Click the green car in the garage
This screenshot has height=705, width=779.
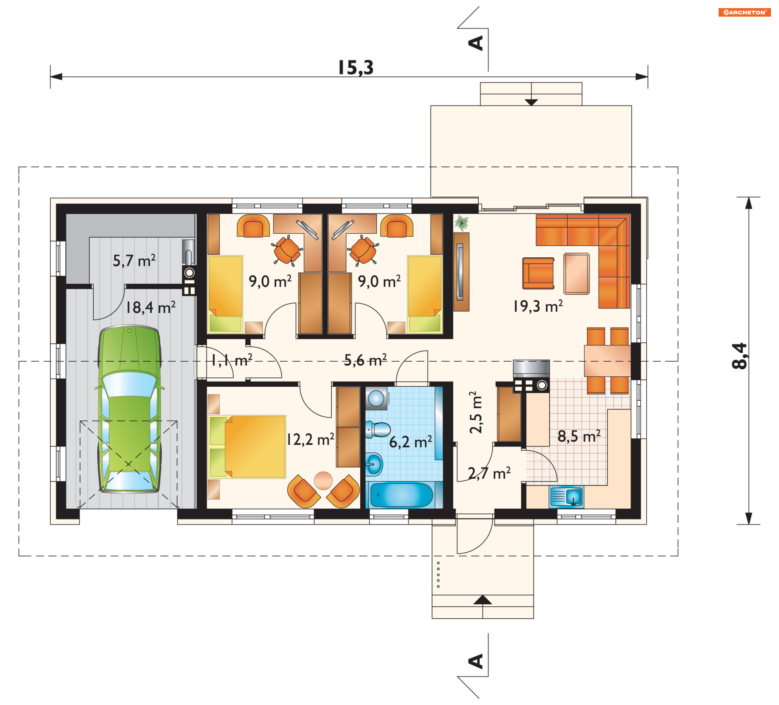pos(129,409)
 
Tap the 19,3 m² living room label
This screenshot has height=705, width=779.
pos(538,306)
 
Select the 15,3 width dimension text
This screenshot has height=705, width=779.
pos(356,67)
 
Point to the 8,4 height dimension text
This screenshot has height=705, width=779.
pos(739,356)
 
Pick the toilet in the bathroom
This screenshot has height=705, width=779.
pos(378,429)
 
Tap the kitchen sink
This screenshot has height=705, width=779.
pos(566,497)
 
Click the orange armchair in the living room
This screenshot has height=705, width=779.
pos(538,273)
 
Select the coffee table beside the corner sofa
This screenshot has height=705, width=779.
pos(577,274)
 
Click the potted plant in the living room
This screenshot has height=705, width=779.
pos(462,223)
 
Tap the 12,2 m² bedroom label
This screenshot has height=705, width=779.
pos(310,439)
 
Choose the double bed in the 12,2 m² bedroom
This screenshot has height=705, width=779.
pos(247,446)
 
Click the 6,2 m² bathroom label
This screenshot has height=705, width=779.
pos(411,442)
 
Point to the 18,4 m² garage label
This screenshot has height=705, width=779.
pos(151,307)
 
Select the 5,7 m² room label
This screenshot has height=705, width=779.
pos(134,261)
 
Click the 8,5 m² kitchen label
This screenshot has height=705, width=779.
pos(579,436)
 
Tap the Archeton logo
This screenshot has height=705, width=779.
pos(745,12)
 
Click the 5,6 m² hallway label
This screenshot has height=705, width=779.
pos(365,360)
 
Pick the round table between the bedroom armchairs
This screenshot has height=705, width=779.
pos(323,481)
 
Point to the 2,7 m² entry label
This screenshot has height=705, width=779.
pos(489,473)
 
